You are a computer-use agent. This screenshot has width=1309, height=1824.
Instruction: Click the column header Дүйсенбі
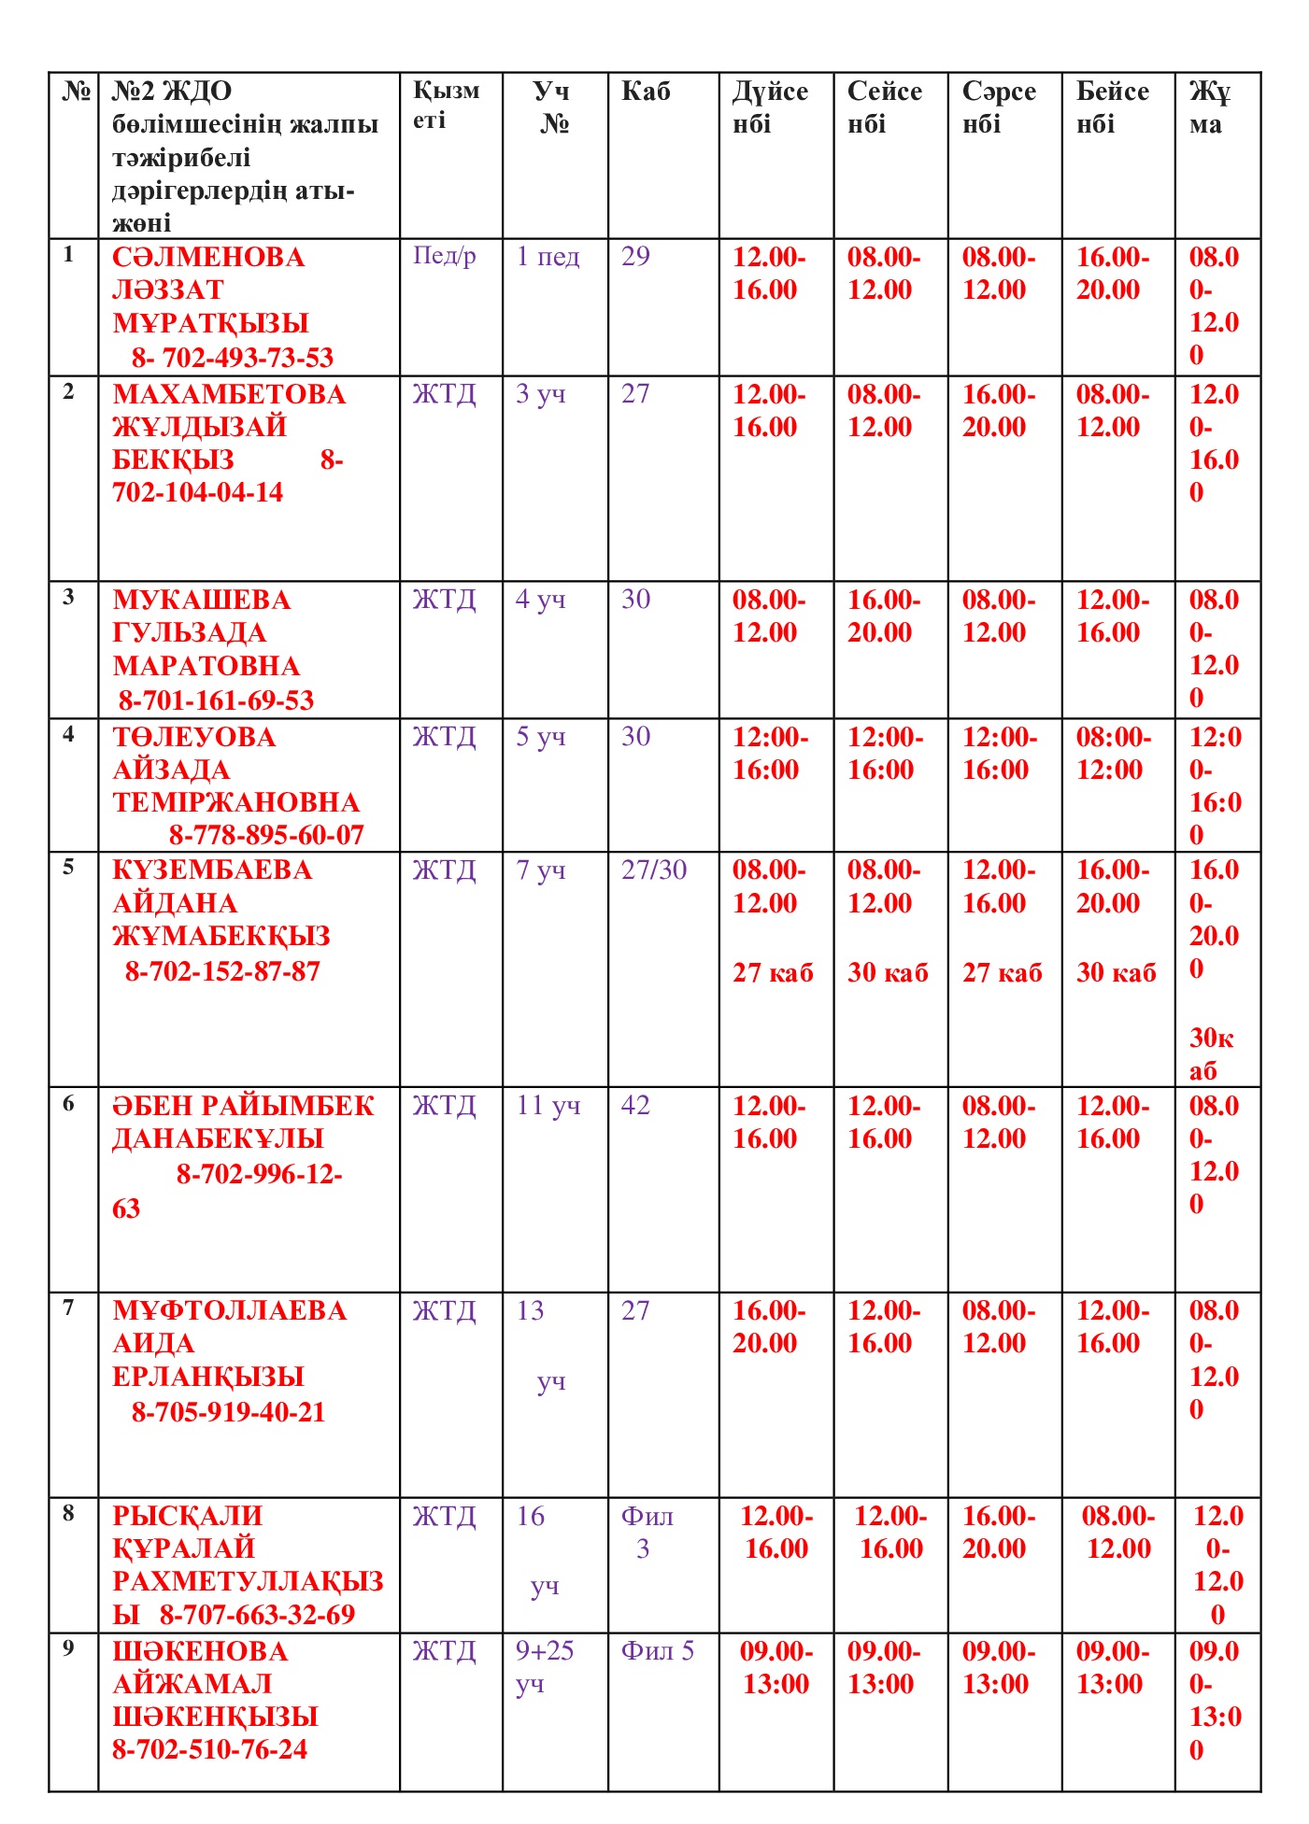tap(769, 107)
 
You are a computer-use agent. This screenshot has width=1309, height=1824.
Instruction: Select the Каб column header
tap(646, 92)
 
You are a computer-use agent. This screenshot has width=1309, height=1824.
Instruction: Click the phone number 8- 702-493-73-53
tap(232, 358)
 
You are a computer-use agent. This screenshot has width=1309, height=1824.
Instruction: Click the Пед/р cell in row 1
tap(445, 256)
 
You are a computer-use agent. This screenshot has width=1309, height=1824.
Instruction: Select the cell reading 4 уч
tap(541, 600)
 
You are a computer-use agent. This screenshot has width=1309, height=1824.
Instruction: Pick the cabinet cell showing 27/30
tap(654, 870)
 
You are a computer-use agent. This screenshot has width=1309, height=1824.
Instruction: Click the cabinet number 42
tap(635, 1106)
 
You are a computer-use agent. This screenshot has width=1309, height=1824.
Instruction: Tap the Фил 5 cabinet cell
tap(658, 1651)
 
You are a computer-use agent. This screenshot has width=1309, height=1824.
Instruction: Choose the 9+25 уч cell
tap(545, 1667)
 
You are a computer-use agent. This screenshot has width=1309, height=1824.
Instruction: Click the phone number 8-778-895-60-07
tap(266, 835)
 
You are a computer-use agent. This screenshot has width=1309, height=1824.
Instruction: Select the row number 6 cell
tap(68, 1104)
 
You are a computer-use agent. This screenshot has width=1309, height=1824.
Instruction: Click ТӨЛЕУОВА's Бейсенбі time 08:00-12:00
tap(1113, 754)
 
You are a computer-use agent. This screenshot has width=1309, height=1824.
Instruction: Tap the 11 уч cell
tap(548, 1106)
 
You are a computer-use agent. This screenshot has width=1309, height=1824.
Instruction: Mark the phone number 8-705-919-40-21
tap(229, 1412)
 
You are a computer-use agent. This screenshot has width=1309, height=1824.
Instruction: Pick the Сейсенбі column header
tap(884, 107)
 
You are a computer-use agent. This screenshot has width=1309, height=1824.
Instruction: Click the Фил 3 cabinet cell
tap(647, 1533)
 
